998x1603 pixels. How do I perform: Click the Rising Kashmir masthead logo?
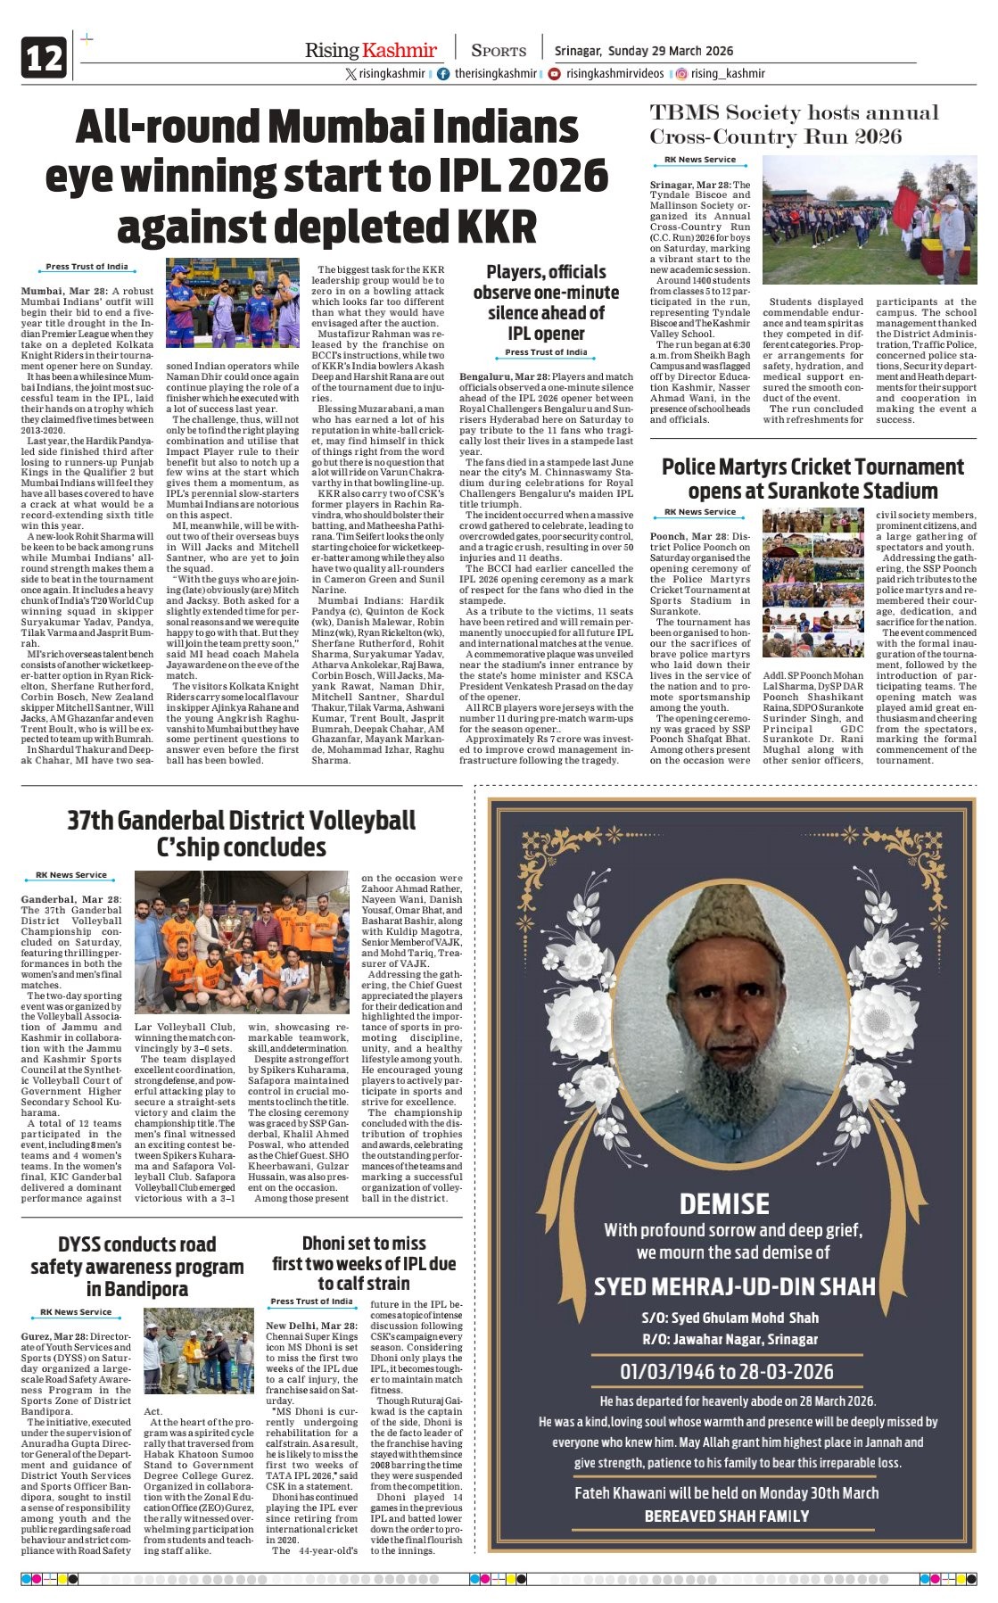pos(370,51)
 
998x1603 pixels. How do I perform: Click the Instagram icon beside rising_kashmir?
pos(680,74)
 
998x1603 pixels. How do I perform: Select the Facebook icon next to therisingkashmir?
pos(443,74)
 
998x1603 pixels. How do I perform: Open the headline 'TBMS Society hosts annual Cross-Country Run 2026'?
pos(794,125)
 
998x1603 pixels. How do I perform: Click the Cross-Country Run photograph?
pos(869,220)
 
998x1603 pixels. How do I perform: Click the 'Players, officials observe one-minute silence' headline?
pos(546,303)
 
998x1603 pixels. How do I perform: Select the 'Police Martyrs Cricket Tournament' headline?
pos(812,478)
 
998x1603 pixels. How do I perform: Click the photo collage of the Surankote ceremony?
pos(812,583)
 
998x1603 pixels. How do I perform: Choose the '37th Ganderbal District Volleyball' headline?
pos(242,833)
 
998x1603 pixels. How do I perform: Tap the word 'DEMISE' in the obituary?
pos(724,1204)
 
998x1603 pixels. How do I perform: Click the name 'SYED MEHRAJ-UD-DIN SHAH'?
pos(734,1286)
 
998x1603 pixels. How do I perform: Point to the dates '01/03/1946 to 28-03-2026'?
pos(727,1372)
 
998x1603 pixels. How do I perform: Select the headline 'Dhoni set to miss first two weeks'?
pos(364,1263)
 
